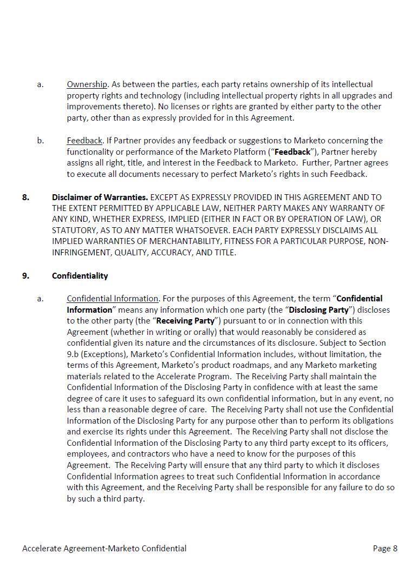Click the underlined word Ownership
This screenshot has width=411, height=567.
tap(87, 84)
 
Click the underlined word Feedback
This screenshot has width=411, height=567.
tap(84, 141)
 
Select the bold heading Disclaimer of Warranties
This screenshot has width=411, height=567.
tap(100, 197)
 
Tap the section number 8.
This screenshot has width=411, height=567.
tap(26, 197)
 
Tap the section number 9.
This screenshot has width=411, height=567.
tap(26, 276)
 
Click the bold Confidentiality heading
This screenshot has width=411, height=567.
tap(80, 276)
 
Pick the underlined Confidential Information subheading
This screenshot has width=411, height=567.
tap(113, 299)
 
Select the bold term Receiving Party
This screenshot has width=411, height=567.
tap(185, 321)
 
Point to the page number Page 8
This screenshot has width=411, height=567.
tap(385, 549)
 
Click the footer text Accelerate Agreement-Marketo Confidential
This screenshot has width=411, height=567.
tap(104, 549)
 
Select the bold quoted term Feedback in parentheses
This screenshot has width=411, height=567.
tap(292, 152)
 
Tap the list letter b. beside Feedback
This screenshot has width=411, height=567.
tap(41, 141)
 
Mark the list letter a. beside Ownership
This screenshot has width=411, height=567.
tap(41, 84)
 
